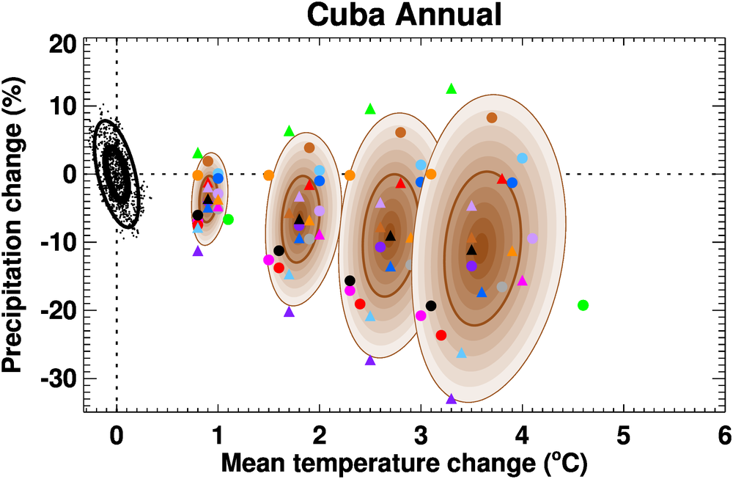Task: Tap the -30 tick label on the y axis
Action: (x=55, y=379)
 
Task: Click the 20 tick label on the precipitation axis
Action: (x=62, y=44)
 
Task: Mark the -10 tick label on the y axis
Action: (x=55, y=243)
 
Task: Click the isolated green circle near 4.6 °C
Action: (x=583, y=305)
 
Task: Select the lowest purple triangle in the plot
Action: (x=451, y=399)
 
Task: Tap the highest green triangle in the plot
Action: (x=452, y=89)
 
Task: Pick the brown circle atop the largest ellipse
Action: (x=492, y=118)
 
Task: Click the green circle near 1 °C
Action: (x=228, y=219)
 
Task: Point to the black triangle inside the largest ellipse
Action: (x=471, y=250)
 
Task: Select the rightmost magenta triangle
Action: (x=523, y=280)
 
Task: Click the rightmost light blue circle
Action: (x=523, y=158)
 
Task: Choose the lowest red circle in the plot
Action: (x=441, y=335)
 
